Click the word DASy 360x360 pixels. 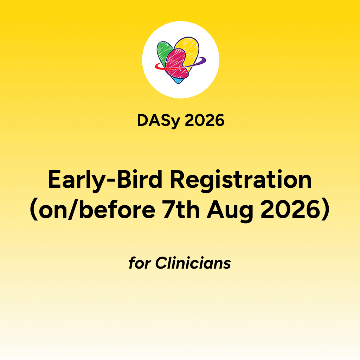[159, 121]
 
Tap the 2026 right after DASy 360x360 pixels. [205, 120]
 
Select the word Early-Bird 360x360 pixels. [105, 180]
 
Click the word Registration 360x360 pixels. [240, 180]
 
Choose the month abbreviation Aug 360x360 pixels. [230, 211]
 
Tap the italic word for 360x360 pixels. [140, 263]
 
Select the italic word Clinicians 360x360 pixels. [193, 263]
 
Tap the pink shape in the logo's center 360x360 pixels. [176, 63]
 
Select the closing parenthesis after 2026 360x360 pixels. [326, 210]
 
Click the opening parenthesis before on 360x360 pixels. [34, 210]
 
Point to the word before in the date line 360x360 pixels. [117, 209]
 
